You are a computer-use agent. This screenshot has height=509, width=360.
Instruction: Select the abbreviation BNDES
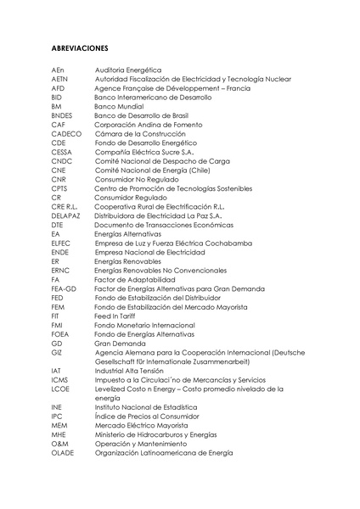point(62,115)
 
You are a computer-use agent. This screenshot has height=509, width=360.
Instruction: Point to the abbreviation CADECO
point(66,133)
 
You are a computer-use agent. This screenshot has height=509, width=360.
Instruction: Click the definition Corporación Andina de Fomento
point(143,124)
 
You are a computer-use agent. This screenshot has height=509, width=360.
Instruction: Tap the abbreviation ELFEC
point(60,242)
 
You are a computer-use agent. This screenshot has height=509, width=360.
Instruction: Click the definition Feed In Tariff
point(115,315)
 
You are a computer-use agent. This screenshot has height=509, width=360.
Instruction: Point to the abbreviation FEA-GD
point(64,288)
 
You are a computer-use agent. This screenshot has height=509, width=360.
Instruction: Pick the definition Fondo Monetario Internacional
point(144,324)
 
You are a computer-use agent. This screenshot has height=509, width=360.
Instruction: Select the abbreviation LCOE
point(60,388)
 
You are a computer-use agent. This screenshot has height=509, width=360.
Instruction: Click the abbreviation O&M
point(59,443)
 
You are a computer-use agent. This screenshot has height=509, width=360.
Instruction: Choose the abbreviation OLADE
point(63,452)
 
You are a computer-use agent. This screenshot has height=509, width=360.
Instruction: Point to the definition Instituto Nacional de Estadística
point(149,406)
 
